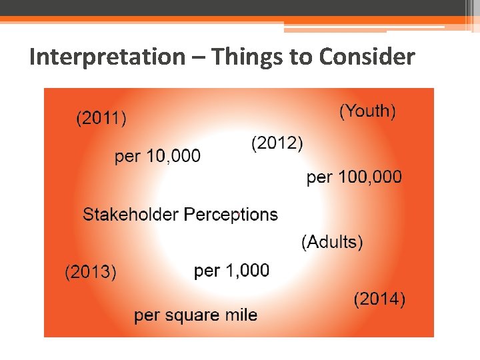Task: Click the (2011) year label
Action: coord(101,119)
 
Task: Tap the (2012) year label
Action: coord(277,143)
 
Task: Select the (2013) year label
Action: coord(90,272)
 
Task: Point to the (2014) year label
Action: coord(379,299)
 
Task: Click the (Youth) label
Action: coord(367,111)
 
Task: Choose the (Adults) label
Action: coord(332,241)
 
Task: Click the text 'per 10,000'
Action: coord(157,156)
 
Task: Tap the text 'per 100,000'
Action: coord(354,177)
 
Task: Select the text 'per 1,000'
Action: coord(231,271)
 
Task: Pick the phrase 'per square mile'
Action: coord(195,315)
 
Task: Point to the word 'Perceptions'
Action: coord(231,215)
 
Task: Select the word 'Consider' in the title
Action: coord(367,57)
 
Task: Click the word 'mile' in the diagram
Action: coord(241,315)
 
